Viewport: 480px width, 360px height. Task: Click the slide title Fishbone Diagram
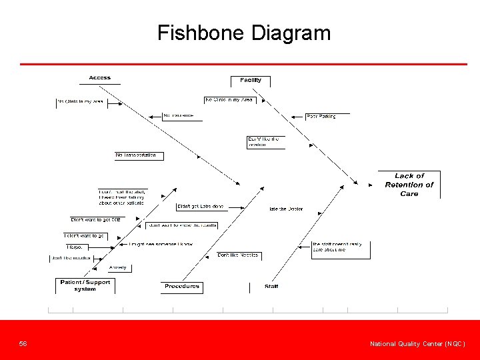click(x=244, y=33)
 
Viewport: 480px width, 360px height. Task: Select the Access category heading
click(x=100, y=78)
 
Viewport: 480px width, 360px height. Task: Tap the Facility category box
click(x=251, y=81)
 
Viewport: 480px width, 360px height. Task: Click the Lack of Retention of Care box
click(x=409, y=185)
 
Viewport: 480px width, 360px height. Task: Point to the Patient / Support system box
click(x=85, y=285)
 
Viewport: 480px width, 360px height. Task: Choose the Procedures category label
click(x=182, y=287)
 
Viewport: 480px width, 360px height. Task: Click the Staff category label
click(x=271, y=287)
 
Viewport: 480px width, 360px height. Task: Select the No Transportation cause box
click(x=139, y=155)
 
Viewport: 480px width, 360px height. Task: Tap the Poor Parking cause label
click(x=321, y=116)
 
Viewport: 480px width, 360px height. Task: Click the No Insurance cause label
click(x=179, y=116)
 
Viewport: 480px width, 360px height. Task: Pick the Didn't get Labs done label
click(x=200, y=207)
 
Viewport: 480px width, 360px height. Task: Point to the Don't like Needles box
click(x=238, y=255)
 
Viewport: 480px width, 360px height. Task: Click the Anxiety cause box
click(x=118, y=268)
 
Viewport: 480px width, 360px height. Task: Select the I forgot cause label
click(x=75, y=247)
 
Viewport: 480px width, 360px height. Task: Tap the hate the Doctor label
click(x=286, y=209)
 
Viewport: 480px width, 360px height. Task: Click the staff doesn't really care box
click(x=340, y=247)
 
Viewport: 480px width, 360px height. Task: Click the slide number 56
click(x=23, y=344)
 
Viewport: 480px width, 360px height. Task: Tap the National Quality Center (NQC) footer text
click(x=417, y=344)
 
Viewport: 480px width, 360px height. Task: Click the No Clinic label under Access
click(x=80, y=102)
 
